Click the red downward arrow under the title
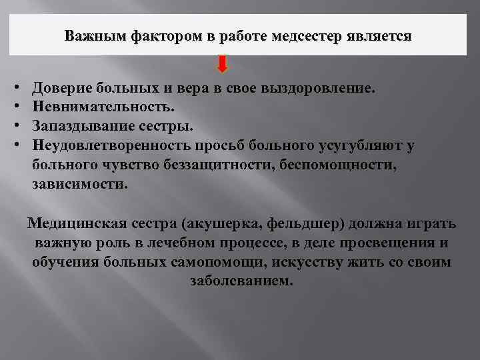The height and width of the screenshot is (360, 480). (222, 64)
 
